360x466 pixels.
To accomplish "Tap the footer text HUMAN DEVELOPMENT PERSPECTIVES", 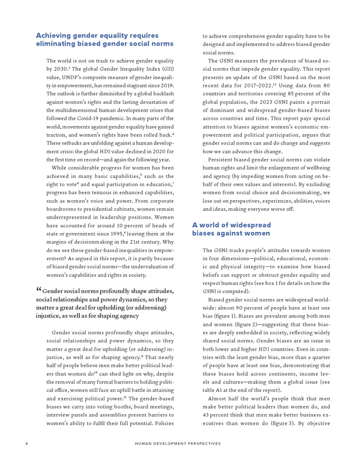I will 178,443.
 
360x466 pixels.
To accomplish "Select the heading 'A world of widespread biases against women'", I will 231,229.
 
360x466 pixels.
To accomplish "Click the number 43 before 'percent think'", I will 207,407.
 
